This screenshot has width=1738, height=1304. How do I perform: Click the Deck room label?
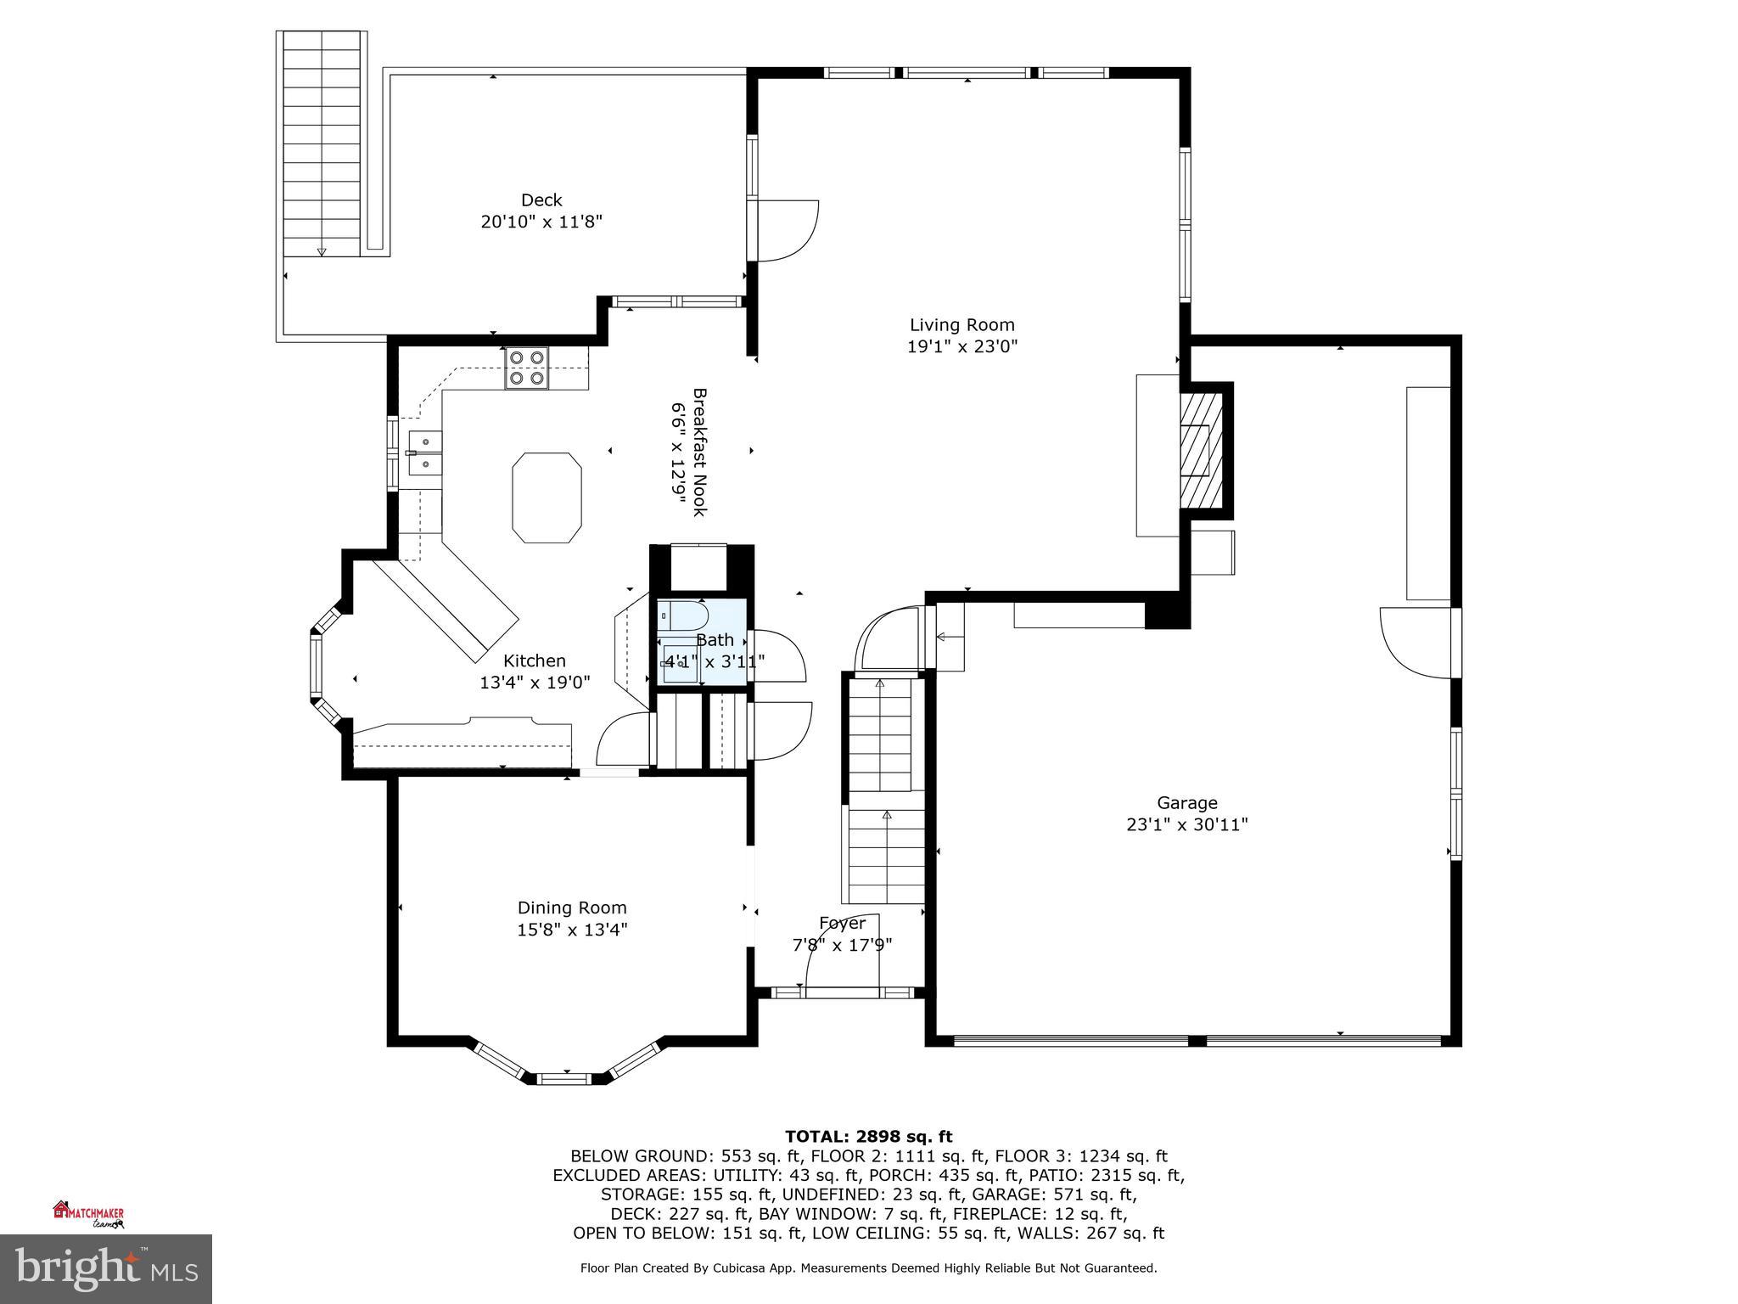pyautogui.click(x=541, y=200)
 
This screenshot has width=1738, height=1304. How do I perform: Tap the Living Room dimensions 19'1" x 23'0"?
pyautogui.click(x=962, y=346)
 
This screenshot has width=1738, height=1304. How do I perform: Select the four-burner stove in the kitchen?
pyautogui.click(x=526, y=368)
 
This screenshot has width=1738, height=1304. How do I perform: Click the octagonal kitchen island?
pyautogui.click(x=547, y=497)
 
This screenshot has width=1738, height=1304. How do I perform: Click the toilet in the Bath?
pyautogui.click(x=684, y=615)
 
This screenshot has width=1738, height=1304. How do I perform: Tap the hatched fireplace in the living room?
pyautogui.click(x=1200, y=451)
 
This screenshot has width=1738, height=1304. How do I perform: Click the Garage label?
pyautogui.click(x=1186, y=802)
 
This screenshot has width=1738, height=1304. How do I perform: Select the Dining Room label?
pyautogui.click(x=572, y=908)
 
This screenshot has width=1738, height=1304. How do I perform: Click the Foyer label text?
pyautogui.click(x=842, y=923)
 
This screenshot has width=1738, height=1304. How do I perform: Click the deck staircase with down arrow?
pyautogui.click(x=322, y=144)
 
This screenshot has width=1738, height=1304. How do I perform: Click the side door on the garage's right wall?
pyautogui.click(x=1416, y=643)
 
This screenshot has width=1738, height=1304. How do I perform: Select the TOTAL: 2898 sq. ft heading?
pyautogui.click(x=868, y=1136)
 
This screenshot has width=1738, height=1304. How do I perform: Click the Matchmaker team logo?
pyautogui.click(x=88, y=1214)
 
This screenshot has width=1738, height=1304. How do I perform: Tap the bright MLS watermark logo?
pyautogui.click(x=106, y=1268)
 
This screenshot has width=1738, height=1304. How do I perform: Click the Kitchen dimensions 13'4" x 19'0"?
pyautogui.click(x=535, y=683)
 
